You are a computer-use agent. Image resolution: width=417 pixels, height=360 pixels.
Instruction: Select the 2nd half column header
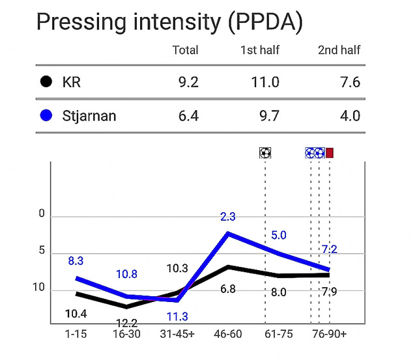coord(339,50)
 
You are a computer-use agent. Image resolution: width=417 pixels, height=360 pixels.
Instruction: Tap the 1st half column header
coord(261,50)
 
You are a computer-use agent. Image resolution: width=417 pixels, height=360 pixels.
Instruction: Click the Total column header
coord(185,50)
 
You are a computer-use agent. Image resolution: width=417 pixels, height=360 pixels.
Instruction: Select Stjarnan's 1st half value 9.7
coord(270,117)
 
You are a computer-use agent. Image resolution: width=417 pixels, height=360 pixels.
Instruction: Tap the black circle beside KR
coord(46,83)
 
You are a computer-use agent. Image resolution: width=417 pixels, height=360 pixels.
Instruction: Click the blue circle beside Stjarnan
coord(46,117)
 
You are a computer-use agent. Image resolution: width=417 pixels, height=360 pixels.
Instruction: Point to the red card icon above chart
coord(330,153)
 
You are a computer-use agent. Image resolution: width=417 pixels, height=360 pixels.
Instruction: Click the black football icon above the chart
coord(265,153)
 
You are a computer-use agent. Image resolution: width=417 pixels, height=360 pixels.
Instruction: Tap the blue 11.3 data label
coord(177,316)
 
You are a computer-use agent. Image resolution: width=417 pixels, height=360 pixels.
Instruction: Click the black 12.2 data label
coord(126,323)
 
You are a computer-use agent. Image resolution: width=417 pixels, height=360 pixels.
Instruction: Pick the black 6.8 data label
coord(228,288)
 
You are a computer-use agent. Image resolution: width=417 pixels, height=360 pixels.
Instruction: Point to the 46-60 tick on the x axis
coord(228,334)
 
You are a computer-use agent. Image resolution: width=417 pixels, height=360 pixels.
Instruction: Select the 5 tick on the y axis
coord(42,251)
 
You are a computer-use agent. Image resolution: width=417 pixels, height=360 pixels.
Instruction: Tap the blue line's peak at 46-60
coord(227,232)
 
